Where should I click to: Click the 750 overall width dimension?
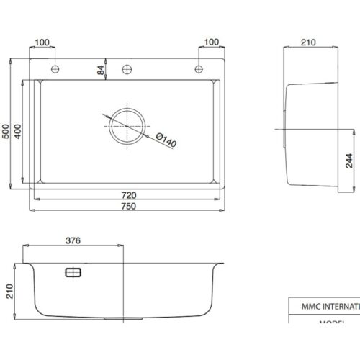pyautogui.click(x=127, y=206)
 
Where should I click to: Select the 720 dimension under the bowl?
pyautogui.click(x=127, y=195)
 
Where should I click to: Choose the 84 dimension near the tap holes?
pyautogui.click(x=100, y=70)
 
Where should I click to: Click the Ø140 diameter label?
pyautogui.click(x=165, y=140)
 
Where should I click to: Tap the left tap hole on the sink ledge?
pyautogui.click(x=55, y=69)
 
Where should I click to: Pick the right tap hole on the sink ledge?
pyautogui.click(x=198, y=69)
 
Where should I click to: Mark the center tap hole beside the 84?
pyautogui.click(x=127, y=69)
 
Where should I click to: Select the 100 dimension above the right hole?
pyautogui.click(x=211, y=42)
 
